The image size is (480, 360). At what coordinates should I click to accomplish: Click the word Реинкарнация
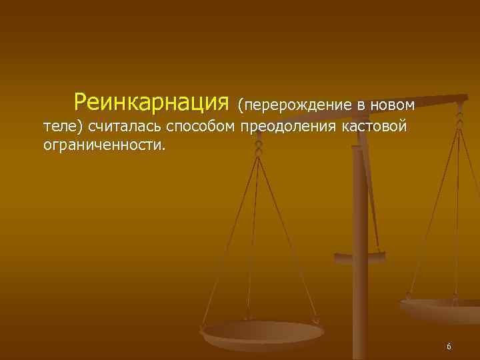click(151, 103)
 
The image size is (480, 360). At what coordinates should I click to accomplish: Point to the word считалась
click(131, 127)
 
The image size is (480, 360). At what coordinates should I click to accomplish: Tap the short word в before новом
click(352, 105)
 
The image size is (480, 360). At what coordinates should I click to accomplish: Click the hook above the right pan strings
click(459, 120)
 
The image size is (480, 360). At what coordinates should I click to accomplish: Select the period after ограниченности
click(161, 148)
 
